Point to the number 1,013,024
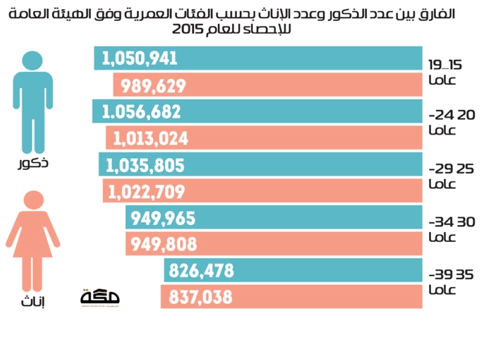[x=150, y=139]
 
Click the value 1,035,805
[x=145, y=166]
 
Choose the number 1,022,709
[x=146, y=192]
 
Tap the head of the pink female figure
[x=33, y=201]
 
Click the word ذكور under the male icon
[x=33, y=164]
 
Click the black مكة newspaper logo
[x=100, y=298]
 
